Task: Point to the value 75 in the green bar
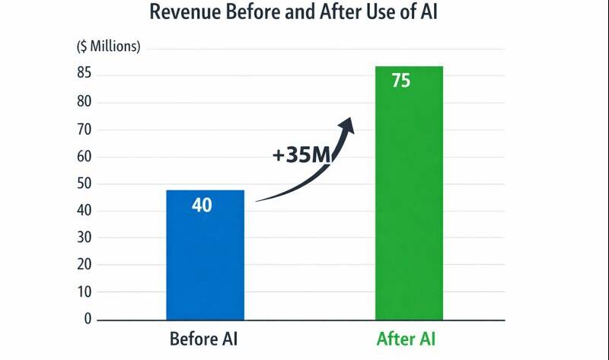pos(401,81)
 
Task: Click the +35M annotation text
pos(301,155)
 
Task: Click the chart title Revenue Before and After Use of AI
pos(304,13)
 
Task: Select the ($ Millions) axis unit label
pos(108,46)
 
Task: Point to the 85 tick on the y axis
pos(84,75)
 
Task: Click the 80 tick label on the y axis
pos(84,102)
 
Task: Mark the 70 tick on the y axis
pos(84,129)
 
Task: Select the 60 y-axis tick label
pos(84,157)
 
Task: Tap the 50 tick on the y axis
pos(84,183)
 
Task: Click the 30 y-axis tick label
pos(84,237)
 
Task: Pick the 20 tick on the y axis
pos(84,265)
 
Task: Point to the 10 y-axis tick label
pos(84,292)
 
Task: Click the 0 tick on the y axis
pos(88,319)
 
